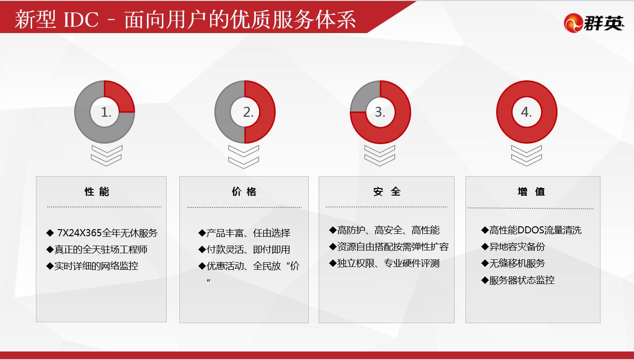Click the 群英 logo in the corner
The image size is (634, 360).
point(594,23)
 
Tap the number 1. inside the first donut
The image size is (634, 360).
point(106,112)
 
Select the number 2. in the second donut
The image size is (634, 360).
point(248,112)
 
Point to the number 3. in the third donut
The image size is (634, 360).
point(380,112)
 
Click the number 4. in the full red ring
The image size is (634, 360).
point(526,112)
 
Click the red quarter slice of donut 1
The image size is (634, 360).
point(121,96)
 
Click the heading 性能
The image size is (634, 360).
point(97,192)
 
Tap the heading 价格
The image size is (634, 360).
point(244,192)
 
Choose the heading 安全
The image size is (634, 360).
point(387,192)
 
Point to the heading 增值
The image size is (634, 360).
point(531,192)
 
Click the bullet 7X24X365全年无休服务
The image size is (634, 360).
point(102,233)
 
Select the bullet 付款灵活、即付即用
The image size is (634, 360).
point(244,249)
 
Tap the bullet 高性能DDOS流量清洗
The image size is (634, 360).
point(531,230)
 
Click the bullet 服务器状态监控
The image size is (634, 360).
point(518,280)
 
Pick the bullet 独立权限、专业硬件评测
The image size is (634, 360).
point(384,264)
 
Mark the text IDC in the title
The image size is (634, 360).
point(81,20)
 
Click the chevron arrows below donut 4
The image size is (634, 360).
point(526,155)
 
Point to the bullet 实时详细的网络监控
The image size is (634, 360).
point(92,266)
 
